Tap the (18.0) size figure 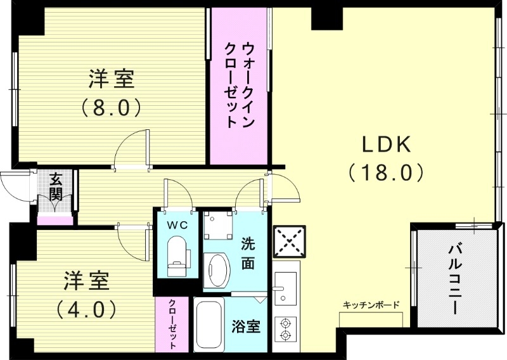(385, 171)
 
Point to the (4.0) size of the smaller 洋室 (86, 309)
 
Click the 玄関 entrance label (55, 186)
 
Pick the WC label (177, 225)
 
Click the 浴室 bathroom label (246, 327)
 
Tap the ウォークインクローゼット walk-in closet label (241, 86)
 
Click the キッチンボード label (371, 305)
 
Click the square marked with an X (285, 241)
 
